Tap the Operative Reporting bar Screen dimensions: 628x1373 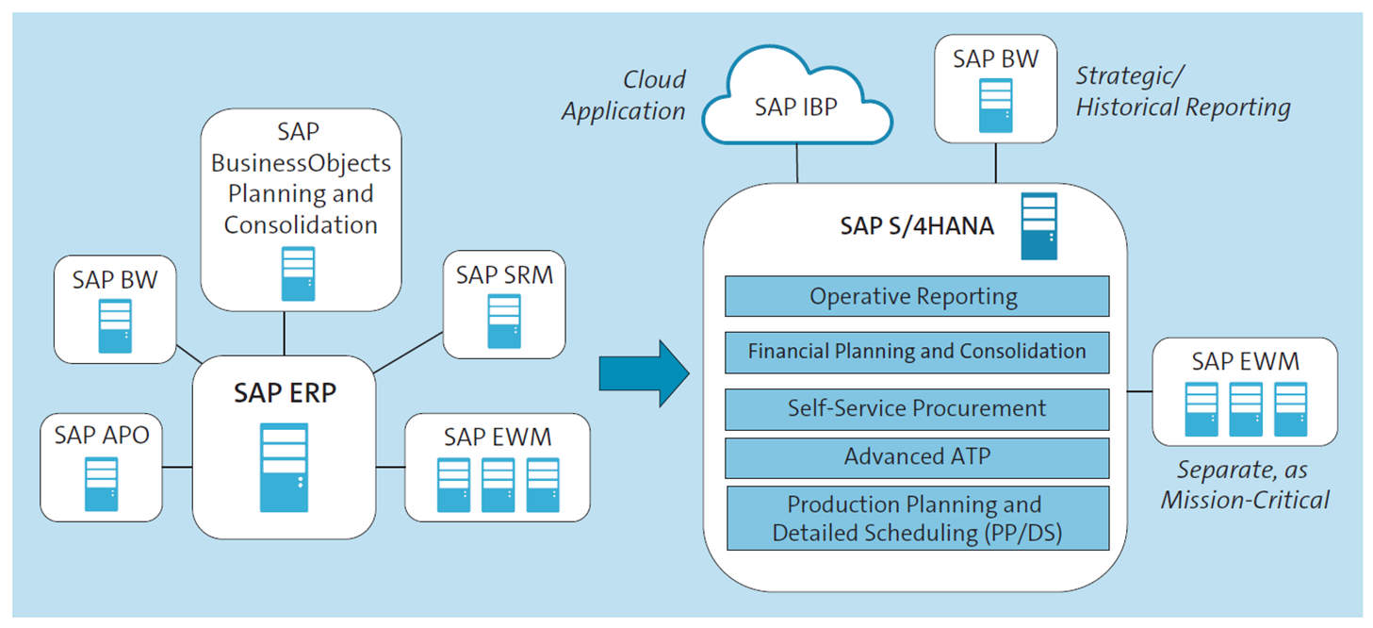(x=916, y=296)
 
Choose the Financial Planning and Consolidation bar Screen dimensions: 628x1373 (x=916, y=352)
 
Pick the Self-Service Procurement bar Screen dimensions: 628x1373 (x=916, y=408)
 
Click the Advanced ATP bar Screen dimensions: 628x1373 (x=916, y=457)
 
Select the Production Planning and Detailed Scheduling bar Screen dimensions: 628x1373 (x=916, y=518)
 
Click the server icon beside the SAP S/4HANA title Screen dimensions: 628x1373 (x=1039, y=225)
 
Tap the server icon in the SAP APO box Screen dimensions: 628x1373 (x=101, y=484)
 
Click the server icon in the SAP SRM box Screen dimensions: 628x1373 (x=503, y=322)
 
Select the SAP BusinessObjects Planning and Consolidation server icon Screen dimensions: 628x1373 (x=298, y=273)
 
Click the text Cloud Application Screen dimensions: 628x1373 (x=624, y=95)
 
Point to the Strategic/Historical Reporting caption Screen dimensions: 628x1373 (x=1182, y=91)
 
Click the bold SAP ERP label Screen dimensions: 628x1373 (x=285, y=392)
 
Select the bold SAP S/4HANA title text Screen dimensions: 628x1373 (x=916, y=226)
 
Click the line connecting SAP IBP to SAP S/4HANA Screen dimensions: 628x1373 (x=797, y=163)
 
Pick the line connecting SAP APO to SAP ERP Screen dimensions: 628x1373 (x=177, y=467)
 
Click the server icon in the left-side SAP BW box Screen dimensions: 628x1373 (x=115, y=324)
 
